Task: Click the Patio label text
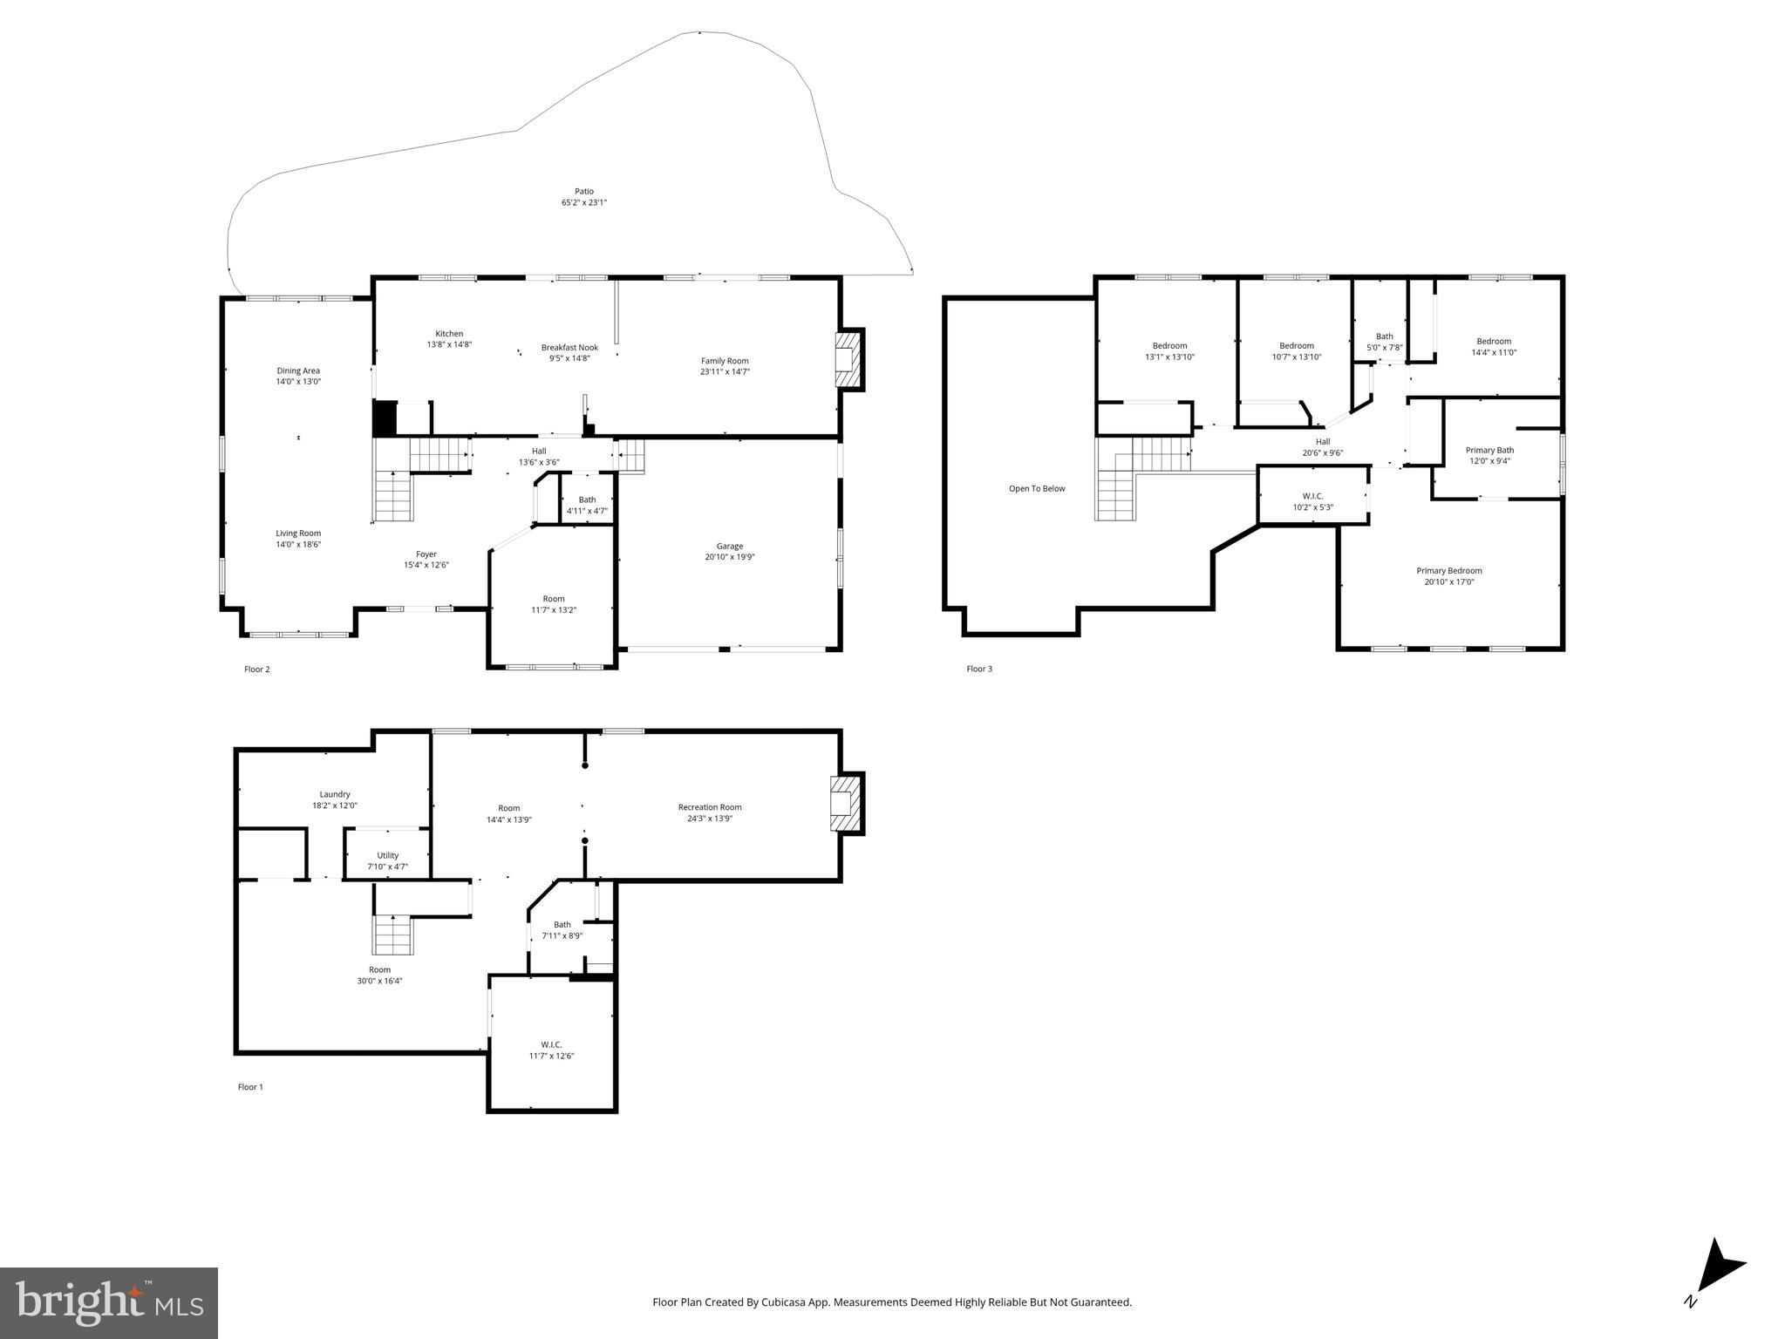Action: (583, 192)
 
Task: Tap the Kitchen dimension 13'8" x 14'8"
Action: (449, 345)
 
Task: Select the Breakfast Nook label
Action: (569, 347)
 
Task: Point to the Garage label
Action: (730, 547)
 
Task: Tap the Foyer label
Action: (426, 554)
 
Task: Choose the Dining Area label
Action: (298, 370)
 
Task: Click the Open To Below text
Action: (1037, 489)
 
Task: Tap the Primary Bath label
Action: (1489, 451)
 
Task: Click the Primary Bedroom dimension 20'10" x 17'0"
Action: (1449, 582)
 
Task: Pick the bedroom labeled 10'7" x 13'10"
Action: (1296, 351)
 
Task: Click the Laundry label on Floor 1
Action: (335, 794)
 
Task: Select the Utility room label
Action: (388, 855)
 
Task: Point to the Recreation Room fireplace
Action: (843, 803)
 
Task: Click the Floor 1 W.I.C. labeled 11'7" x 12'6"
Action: (551, 1050)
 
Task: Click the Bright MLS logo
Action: (109, 1302)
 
